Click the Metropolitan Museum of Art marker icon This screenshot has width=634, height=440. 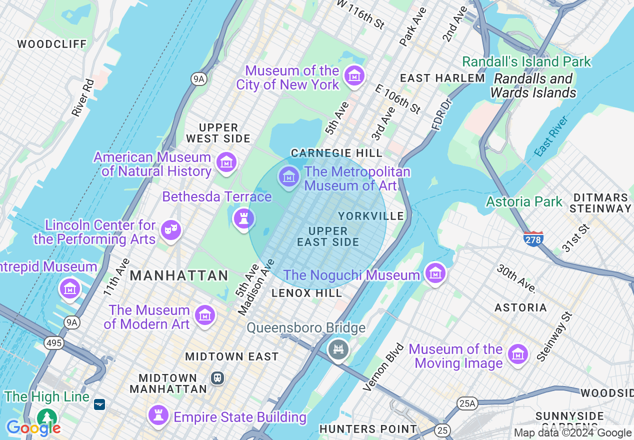point(289,176)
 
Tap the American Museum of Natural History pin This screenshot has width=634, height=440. point(226,162)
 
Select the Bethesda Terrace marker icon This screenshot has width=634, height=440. point(244,218)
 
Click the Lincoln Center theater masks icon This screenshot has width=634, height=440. point(170,230)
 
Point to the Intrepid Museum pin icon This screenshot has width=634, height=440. point(70,289)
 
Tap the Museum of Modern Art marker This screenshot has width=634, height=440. point(204,315)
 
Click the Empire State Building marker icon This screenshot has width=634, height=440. point(158,415)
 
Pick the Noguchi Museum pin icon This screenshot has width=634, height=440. point(435,273)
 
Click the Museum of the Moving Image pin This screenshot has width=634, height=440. point(518,354)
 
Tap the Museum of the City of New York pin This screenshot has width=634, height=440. point(354,76)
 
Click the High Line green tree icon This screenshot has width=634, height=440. point(47,417)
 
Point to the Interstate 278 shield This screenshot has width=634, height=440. point(534,239)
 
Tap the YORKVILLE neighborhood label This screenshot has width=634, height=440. point(371,216)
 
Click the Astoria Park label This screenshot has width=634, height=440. point(524,201)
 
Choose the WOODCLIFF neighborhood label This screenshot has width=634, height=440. point(52,44)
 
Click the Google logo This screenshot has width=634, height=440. point(33,428)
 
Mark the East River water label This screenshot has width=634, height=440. point(552,136)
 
